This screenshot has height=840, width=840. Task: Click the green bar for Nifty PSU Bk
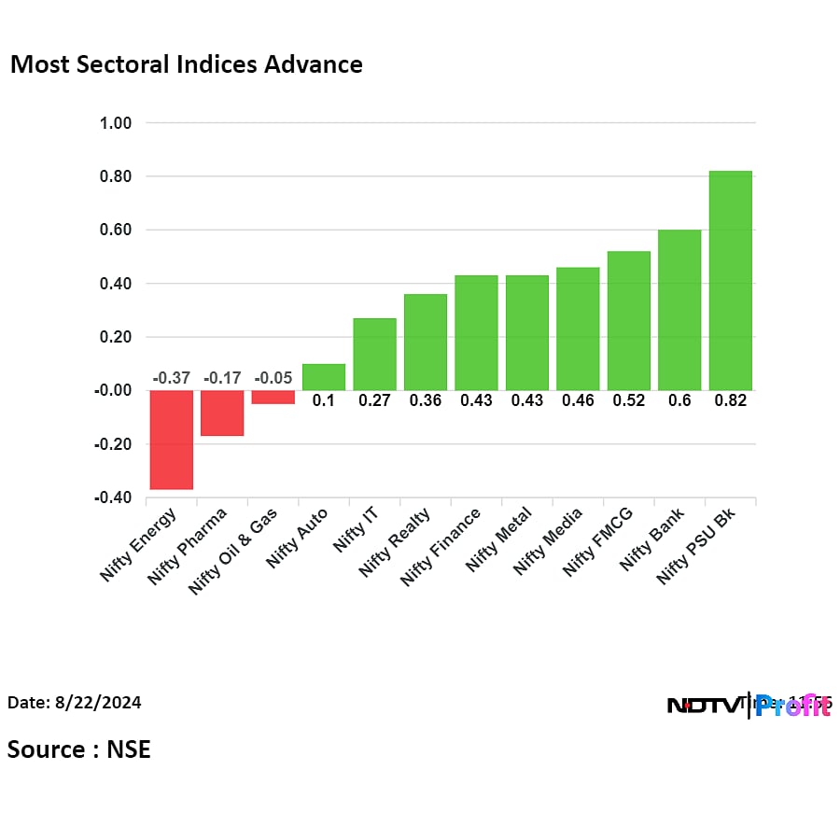(730, 280)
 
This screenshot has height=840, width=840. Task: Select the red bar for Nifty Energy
(172, 439)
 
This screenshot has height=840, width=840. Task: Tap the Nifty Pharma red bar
(222, 413)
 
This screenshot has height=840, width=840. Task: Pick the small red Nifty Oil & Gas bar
(273, 397)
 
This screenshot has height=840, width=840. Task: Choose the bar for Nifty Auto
(324, 377)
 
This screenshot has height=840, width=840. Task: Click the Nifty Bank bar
(679, 310)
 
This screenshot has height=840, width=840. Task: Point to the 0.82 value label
(730, 400)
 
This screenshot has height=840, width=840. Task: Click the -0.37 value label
(172, 378)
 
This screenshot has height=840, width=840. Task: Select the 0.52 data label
(628, 400)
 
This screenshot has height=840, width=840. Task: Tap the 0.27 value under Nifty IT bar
(374, 400)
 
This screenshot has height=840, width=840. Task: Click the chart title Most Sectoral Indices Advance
(186, 64)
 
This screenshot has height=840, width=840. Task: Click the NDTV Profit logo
(749, 706)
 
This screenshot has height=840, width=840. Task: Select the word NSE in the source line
(128, 749)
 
